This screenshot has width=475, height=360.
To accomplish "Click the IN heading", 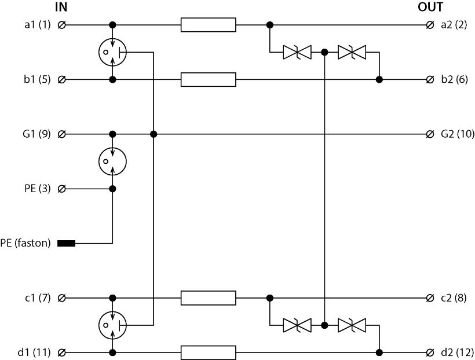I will point(61,8).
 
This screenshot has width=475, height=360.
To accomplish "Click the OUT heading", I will point(430,8).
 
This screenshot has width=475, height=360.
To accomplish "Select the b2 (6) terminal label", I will point(454,79).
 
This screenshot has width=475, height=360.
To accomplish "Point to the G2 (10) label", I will point(458,134).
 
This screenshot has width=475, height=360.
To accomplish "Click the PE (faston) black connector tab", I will point(67,243).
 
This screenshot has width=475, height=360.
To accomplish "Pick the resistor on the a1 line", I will point(208,25).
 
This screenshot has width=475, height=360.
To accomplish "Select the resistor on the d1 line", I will point(208,352).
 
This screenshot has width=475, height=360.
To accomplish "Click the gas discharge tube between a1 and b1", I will point(112,52).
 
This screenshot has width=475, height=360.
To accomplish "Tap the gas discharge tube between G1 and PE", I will point(112,161).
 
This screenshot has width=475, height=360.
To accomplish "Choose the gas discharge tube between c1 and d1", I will point(112,325).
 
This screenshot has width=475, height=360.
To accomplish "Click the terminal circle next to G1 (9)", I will point(62,134).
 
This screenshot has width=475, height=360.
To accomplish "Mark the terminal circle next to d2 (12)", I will point(429,352).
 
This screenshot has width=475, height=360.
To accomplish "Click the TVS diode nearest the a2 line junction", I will point(297,53).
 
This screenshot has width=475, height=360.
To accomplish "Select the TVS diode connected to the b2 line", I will point(352,53).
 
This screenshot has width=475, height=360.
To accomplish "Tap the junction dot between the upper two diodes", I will point(324,53).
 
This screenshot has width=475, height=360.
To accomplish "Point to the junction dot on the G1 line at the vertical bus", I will point(154,134).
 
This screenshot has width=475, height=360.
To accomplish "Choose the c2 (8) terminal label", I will point(454,298).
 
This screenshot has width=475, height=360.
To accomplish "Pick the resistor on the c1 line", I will point(208,298).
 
